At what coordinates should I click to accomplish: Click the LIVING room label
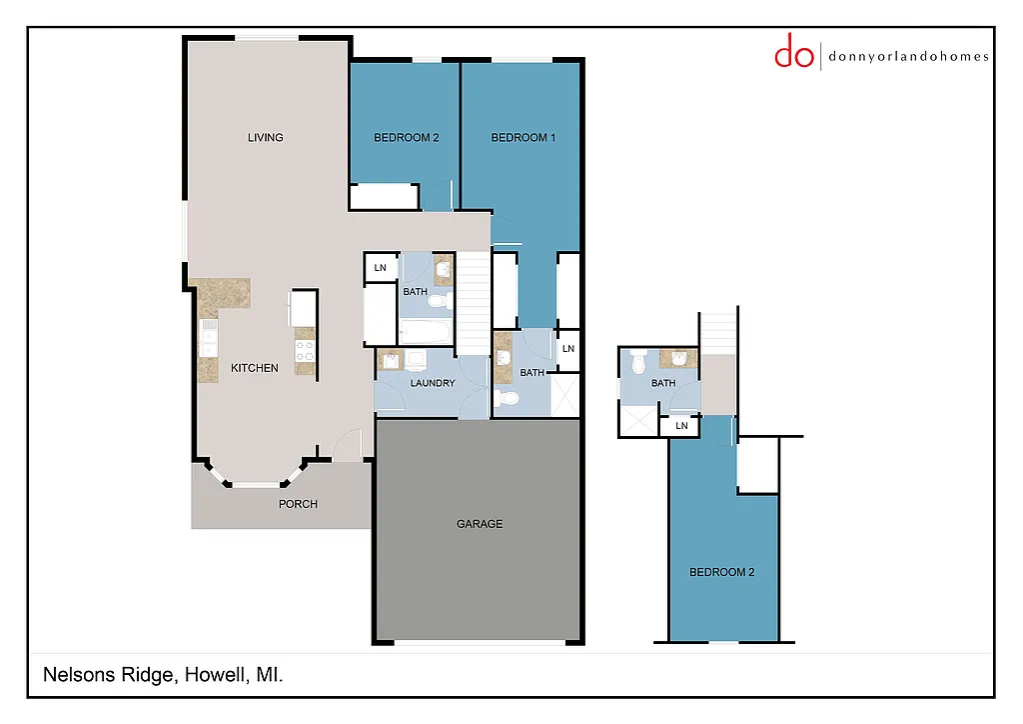point(266,138)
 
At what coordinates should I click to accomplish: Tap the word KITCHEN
point(255,368)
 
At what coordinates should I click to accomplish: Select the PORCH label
point(298,504)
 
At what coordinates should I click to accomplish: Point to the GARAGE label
point(480,524)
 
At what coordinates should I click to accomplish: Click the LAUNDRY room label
point(433,383)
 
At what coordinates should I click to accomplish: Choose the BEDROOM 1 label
point(523,138)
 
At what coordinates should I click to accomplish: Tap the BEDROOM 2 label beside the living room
point(407,138)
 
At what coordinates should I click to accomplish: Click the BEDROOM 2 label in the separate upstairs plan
point(722,572)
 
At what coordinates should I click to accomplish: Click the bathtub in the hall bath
point(427,331)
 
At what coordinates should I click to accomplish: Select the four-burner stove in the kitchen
point(305,349)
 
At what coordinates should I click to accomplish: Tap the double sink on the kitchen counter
point(209,338)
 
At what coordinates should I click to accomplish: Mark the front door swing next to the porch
point(348,446)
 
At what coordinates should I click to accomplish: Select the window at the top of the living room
point(267,38)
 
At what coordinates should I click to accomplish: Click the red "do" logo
point(794,52)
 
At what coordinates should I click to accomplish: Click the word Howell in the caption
point(215,676)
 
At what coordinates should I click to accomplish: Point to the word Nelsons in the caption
point(75,676)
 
